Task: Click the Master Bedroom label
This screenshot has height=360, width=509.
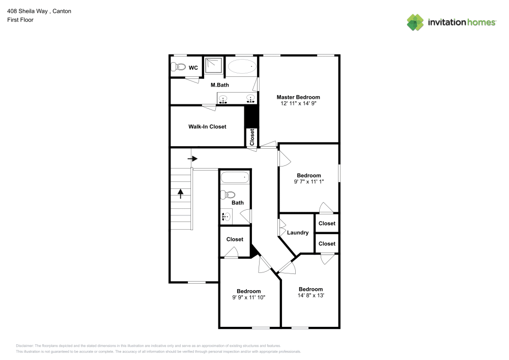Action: coord(298,97)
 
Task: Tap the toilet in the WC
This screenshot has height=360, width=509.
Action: coord(178,67)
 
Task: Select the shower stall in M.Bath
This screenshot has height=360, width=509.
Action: coord(214,67)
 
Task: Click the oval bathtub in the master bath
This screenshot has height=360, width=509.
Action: coord(242,67)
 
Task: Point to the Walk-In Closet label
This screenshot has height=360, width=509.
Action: coord(207,126)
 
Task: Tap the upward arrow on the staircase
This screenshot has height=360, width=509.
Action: coord(180,193)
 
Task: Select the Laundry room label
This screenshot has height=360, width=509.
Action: coord(298,233)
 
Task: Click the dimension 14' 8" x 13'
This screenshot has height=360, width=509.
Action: coord(310,295)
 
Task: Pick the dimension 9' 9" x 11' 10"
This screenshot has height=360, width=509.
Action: coord(248,297)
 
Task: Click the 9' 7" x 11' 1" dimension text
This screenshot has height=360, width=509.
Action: coord(309,181)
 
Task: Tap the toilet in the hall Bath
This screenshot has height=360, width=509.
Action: coord(229,194)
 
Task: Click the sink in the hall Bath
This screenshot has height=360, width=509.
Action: coord(227,216)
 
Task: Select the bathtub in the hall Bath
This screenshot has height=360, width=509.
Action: coord(234,178)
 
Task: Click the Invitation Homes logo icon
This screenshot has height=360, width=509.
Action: coord(415,22)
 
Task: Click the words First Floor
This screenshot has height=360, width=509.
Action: coord(20,20)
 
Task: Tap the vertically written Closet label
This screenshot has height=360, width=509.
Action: coord(252,137)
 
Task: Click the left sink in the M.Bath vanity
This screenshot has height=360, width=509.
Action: coord(223,97)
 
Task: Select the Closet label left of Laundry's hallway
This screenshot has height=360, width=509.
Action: coord(235,239)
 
